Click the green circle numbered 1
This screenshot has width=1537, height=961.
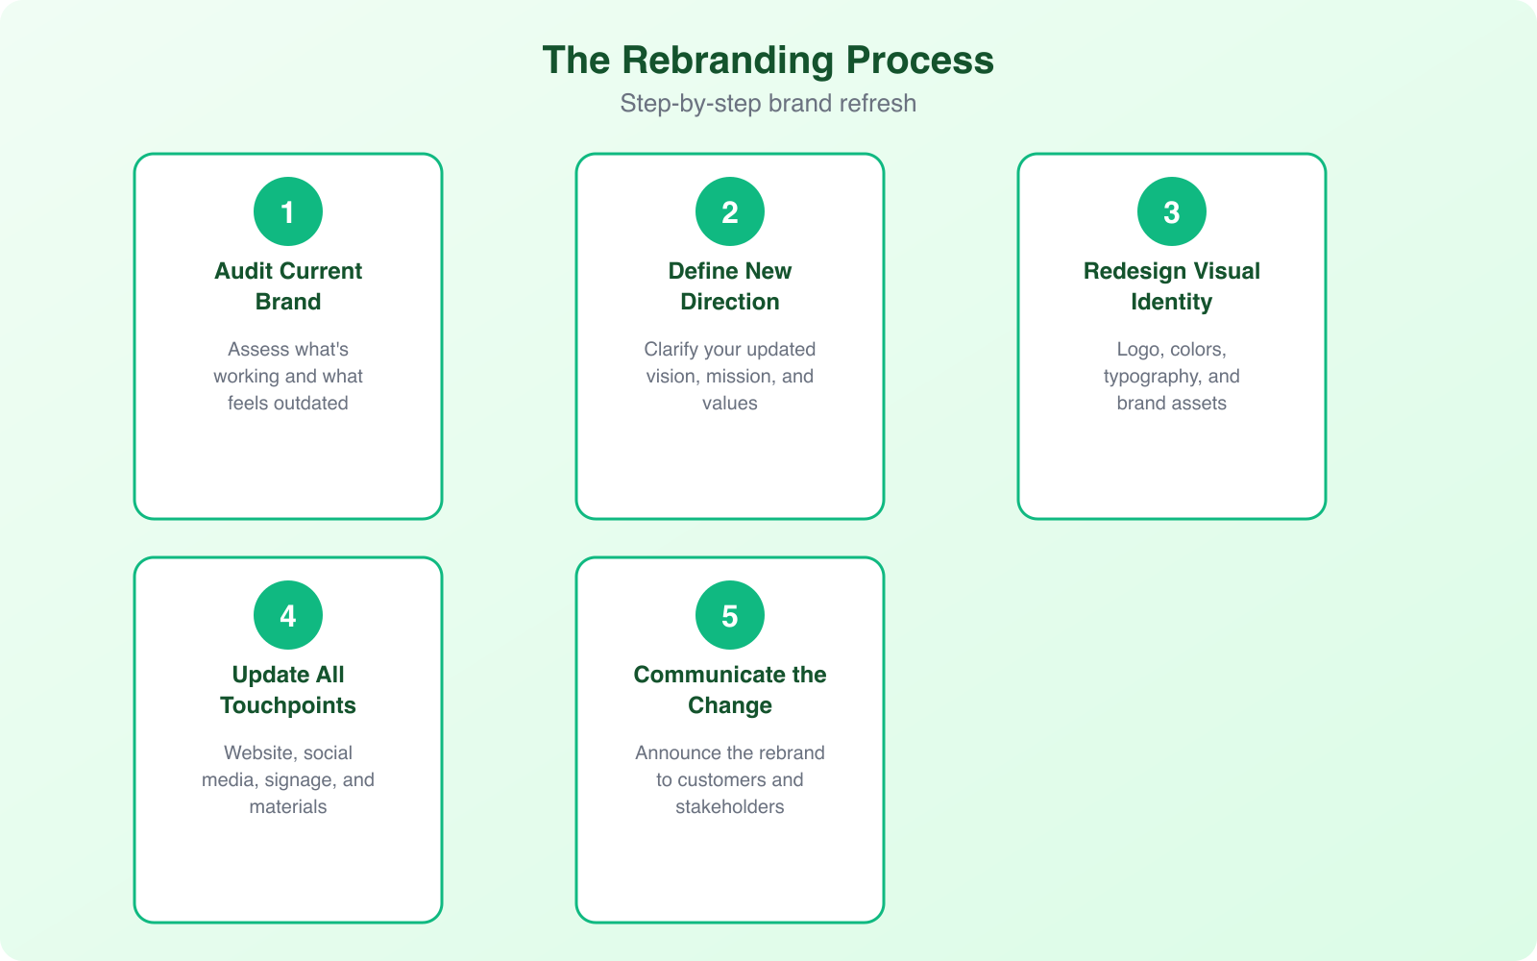tap(288, 211)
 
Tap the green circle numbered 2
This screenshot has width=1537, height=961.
tap(730, 211)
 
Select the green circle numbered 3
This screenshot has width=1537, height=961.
tap(1172, 211)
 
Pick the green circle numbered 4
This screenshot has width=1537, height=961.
tap(288, 615)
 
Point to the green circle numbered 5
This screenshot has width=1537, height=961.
tap(730, 615)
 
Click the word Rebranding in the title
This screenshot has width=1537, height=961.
tap(727, 61)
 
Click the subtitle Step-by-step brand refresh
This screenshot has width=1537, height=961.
tap(768, 103)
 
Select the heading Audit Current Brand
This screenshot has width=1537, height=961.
tap(288, 285)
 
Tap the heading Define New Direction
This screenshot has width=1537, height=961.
tap(730, 285)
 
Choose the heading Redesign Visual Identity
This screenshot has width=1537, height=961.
tap(1172, 285)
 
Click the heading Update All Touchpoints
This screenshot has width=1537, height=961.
tap(288, 689)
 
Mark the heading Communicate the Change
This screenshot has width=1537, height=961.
tap(730, 689)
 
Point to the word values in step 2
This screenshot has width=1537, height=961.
tap(730, 404)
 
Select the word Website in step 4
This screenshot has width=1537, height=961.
tap(258, 753)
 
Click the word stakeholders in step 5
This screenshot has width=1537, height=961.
tap(730, 807)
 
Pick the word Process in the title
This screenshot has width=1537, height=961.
tap(919, 61)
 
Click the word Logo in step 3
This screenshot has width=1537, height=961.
tap(1137, 350)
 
